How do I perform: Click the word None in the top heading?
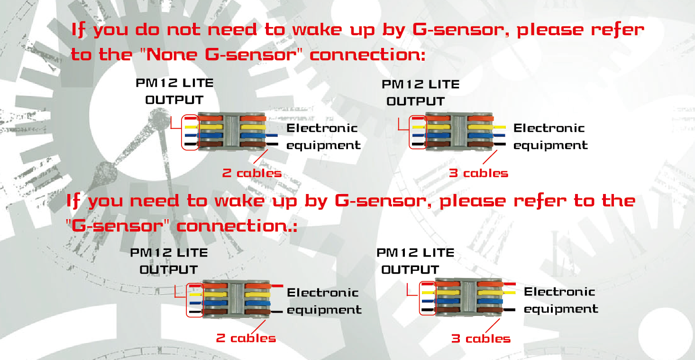pyautogui.click(x=172, y=55)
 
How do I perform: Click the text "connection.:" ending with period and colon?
pyautogui.click(x=237, y=226)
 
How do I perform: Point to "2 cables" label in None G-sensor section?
pyautogui.click(x=252, y=173)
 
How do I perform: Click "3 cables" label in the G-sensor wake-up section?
pyautogui.click(x=481, y=339)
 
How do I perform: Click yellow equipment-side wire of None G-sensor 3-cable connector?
pyautogui.click(x=499, y=127)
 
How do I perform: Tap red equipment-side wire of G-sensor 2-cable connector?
pyautogui.click(x=277, y=286)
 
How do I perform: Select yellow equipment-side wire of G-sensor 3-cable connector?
pyautogui.click(x=509, y=292)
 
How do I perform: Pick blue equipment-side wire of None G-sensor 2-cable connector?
pyautogui.click(x=272, y=135)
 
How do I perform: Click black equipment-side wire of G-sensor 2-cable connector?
pyautogui.click(x=276, y=311)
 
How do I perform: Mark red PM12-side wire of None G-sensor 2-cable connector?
pyautogui.click(x=191, y=118)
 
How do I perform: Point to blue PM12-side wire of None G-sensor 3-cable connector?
pyautogui.click(x=419, y=135)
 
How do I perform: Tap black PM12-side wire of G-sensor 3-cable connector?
pyautogui.click(x=428, y=309)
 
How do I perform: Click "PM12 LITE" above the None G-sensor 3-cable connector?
pyautogui.click(x=421, y=84)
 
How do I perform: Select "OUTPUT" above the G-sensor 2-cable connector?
pyautogui.click(x=169, y=270)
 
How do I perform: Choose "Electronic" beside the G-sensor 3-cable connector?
pyautogui.click(x=559, y=292)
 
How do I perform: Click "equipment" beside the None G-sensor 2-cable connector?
pyautogui.click(x=323, y=145)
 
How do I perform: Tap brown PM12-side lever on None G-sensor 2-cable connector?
pyautogui.click(x=211, y=144)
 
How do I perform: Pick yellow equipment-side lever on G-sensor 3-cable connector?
pyautogui.click(x=490, y=292)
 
